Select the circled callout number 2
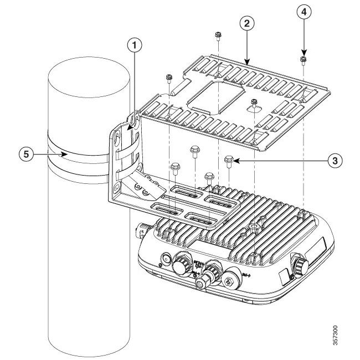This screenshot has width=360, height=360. (247, 23)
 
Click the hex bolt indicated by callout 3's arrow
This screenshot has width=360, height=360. (229, 160)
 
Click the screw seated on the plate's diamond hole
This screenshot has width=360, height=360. (253, 102)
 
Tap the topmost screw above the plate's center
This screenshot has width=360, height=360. (218, 36)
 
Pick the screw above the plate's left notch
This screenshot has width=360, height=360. (168, 78)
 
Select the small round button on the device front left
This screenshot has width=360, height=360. (165, 258)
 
